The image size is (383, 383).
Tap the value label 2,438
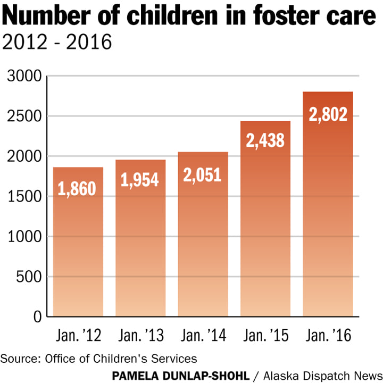[x=265, y=140]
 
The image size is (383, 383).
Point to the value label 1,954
[x=140, y=179]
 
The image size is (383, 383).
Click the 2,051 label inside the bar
[x=203, y=174]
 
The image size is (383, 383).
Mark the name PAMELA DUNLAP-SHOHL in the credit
[x=181, y=376]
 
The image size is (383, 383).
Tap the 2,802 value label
[x=328, y=114]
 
